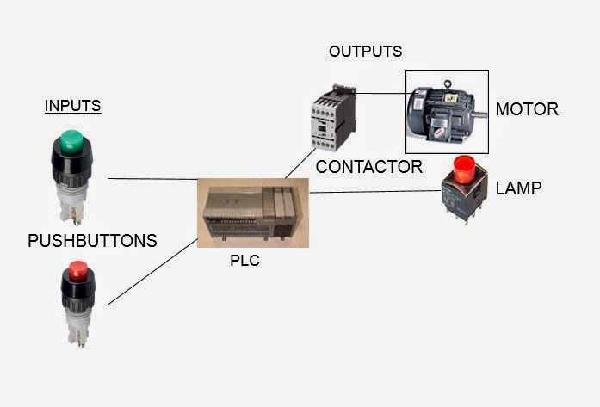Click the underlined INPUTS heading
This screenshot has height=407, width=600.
(72, 107)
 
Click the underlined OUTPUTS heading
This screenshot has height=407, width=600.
(365, 52)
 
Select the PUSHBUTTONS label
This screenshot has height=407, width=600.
(92, 241)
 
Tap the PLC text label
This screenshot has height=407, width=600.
(244, 262)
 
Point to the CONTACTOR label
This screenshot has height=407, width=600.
(368, 167)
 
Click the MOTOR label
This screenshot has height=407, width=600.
(527, 110)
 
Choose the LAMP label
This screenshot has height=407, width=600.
(519, 188)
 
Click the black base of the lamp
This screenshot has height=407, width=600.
(463, 198)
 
